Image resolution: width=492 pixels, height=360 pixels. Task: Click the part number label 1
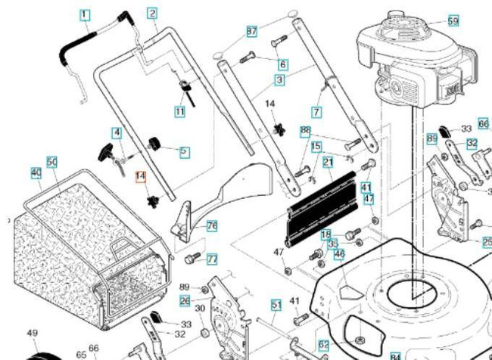click(84, 14)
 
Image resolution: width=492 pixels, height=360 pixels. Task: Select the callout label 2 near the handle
click(152, 12)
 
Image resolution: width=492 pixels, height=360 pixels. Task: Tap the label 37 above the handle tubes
click(252, 31)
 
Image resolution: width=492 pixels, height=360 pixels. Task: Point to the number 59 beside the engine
click(453, 20)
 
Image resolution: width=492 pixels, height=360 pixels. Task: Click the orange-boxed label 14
click(139, 177)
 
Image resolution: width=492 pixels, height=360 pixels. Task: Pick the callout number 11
click(179, 111)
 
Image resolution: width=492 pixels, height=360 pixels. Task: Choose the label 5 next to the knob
click(185, 151)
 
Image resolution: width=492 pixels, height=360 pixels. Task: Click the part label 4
click(117, 133)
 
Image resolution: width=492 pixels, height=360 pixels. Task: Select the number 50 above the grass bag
click(52, 162)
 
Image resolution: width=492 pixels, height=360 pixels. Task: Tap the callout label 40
click(36, 173)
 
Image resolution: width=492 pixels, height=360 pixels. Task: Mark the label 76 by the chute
click(212, 226)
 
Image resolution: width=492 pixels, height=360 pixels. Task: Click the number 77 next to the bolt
click(212, 258)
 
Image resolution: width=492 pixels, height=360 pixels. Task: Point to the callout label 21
click(328, 162)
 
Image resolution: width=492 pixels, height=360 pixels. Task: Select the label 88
click(306, 131)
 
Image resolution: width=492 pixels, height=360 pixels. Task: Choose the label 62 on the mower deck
click(323, 345)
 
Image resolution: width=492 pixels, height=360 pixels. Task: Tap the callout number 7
click(316, 112)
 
